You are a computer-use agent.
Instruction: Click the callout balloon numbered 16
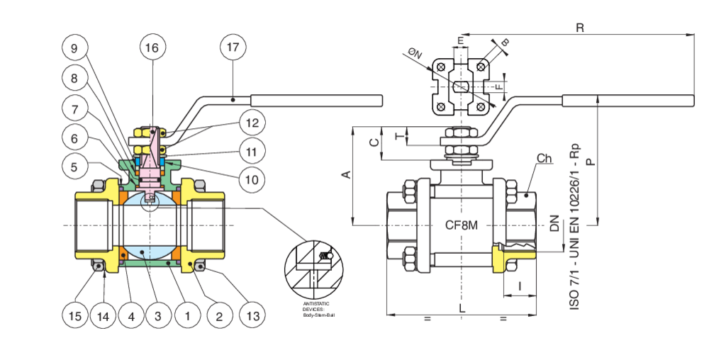152,47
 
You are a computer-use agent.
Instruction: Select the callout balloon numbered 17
233,47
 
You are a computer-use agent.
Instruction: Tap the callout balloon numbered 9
74,47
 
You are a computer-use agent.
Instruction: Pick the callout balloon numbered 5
74,167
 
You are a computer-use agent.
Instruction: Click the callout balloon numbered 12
252,122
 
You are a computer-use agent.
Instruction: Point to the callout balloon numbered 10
252,180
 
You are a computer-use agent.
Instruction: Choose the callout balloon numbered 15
74,315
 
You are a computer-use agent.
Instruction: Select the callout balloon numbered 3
158,315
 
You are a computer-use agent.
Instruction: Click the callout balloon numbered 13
252,315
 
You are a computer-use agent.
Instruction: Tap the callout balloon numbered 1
188,315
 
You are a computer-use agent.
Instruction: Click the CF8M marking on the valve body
462,226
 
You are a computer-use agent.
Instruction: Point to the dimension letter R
580,28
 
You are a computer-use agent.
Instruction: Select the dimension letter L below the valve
462,308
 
